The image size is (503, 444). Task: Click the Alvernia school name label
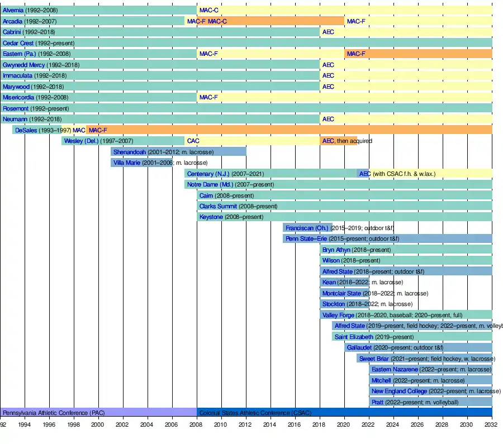click(13, 10)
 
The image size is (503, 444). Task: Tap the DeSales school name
click(26, 130)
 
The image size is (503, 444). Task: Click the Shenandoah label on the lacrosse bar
click(129, 152)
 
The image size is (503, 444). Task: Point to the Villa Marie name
click(127, 163)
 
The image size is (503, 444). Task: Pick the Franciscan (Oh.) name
click(307, 228)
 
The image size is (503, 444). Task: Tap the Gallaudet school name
click(359, 348)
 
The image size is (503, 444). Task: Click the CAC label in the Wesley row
click(193, 141)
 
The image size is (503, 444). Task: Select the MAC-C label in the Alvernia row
click(209, 10)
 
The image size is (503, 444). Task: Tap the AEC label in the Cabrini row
click(328, 32)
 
